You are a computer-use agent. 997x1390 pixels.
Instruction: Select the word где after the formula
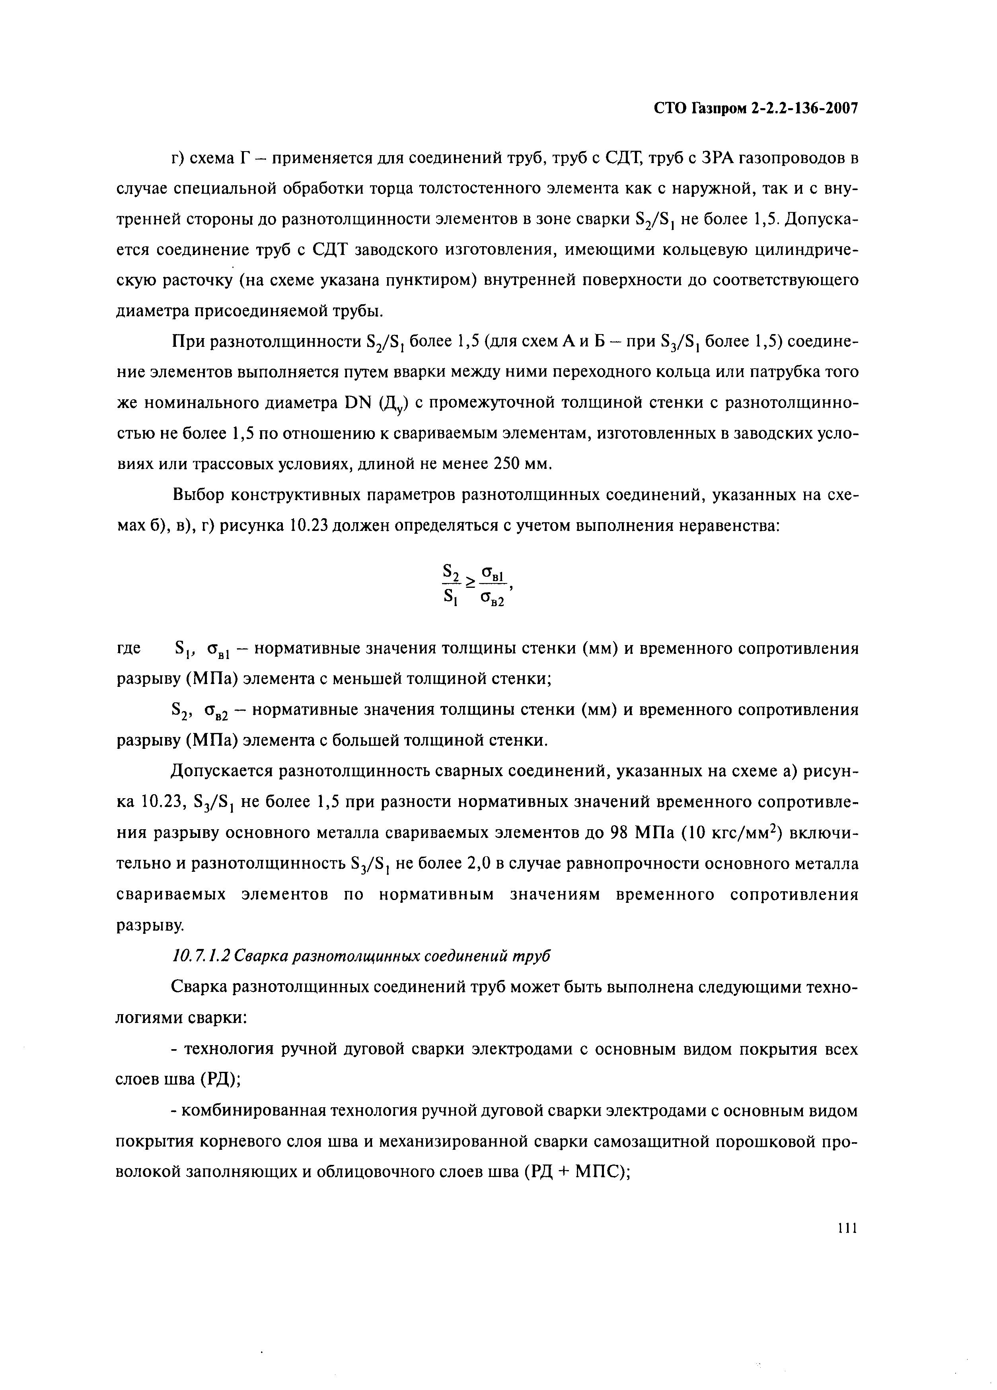click(129, 648)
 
